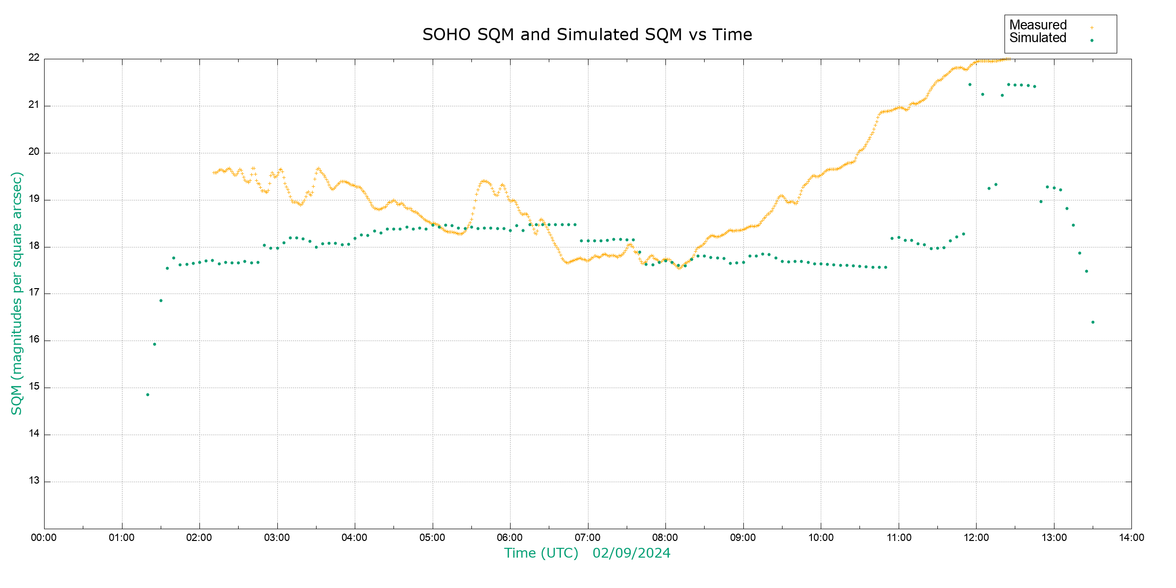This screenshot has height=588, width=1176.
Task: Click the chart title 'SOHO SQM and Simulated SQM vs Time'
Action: pyautogui.click(x=587, y=35)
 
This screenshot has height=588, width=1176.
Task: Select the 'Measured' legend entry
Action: pyautogui.click(x=1038, y=25)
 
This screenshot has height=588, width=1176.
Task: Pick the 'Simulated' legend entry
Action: pyautogui.click(x=1038, y=38)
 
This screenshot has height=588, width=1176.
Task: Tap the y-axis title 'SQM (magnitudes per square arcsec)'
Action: pyautogui.click(x=17, y=293)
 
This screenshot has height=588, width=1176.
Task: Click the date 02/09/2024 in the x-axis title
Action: pyautogui.click(x=631, y=553)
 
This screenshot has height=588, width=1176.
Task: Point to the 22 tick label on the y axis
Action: pyautogui.click(x=34, y=57)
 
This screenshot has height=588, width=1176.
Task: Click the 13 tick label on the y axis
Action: pyautogui.click(x=34, y=481)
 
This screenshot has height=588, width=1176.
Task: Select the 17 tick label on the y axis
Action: pyautogui.click(x=34, y=293)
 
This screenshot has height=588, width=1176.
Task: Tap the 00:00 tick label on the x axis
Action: pyautogui.click(x=44, y=538)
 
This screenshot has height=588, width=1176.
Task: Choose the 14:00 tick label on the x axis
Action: pyautogui.click(x=1131, y=538)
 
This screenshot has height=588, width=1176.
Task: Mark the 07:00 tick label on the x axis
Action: pyautogui.click(x=588, y=538)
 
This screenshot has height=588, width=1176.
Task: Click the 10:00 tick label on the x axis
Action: pyautogui.click(x=821, y=538)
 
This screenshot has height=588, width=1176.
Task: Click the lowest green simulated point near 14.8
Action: pyautogui.click(x=147, y=394)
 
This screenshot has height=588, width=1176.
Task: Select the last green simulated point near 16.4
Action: pyautogui.click(x=1093, y=322)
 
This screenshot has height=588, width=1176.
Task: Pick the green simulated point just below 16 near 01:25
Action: pyautogui.click(x=154, y=344)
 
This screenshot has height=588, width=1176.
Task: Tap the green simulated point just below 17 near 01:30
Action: pyautogui.click(x=161, y=300)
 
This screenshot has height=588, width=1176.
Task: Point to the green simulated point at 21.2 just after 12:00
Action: pyautogui.click(x=982, y=94)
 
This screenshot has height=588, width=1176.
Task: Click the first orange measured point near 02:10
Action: pyautogui.click(x=214, y=172)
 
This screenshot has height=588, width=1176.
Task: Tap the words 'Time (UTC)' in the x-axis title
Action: pyautogui.click(x=541, y=553)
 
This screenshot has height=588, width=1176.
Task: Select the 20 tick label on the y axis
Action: pyautogui.click(x=34, y=151)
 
